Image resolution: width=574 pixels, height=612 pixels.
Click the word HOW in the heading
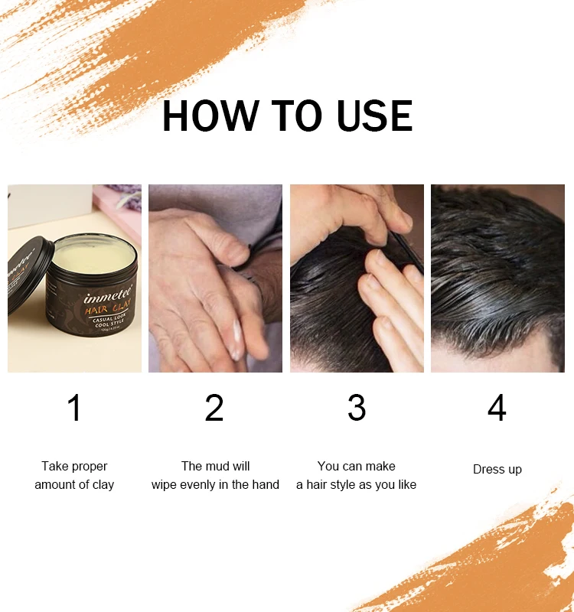pyautogui.click(x=207, y=116)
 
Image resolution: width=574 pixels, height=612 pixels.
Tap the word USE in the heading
pyautogui.click(x=370, y=116)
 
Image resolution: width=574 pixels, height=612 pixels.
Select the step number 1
pyautogui.click(x=74, y=408)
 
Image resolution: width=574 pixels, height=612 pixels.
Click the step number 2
pyautogui.click(x=214, y=408)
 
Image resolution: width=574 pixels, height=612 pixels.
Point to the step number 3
pyautogui.click(x=356, y=408)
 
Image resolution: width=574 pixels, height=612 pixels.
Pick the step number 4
pyautogui.click(x=497, y=408)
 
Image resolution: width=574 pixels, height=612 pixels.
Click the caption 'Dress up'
pyautogui.click(x=497, y=469)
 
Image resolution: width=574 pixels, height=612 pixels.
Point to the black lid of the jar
pyautogui.click(x=30, y=275)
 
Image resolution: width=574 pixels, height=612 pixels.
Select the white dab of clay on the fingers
pyautogui.click(x=236, y=336)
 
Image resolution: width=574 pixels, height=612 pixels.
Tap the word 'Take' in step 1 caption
pyautogui.click(x=55, y=466)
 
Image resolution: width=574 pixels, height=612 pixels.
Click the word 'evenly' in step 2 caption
pyautogui.click(x=197, y=484)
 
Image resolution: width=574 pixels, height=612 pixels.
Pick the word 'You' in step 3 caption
pyautogui.click(x=328, y=466)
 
